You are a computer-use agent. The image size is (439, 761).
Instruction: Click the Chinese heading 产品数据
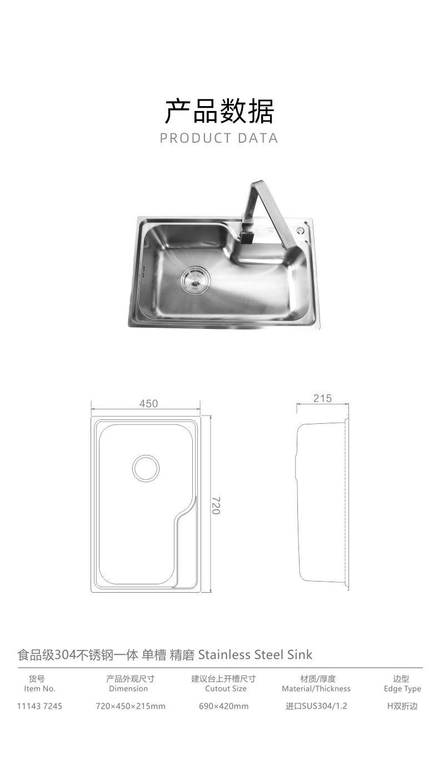click(219, 111)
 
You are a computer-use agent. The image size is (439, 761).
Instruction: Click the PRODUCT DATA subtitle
click(219, 138)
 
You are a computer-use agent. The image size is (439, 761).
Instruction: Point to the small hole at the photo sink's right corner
click(301, 229)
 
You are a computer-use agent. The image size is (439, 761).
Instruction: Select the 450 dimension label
click(148, 404)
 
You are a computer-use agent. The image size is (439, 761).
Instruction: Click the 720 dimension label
click(216, 505)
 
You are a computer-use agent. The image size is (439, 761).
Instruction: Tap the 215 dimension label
click(322, 398)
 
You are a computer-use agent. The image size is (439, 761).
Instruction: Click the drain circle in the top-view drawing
click(146, 468)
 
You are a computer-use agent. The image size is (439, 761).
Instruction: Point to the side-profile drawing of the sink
click(322, 503)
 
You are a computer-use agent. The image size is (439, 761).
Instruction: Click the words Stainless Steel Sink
click(255, 654)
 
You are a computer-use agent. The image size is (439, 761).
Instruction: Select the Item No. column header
click(40, 689)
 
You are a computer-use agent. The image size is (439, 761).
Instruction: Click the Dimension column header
click(128, 689)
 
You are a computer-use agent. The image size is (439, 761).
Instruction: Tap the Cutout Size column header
click(226, 689)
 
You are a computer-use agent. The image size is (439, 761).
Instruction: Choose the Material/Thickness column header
click(316, 689)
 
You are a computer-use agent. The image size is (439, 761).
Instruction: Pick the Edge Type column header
click(402, 689)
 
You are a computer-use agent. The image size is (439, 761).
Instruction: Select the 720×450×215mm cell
click(131, 707)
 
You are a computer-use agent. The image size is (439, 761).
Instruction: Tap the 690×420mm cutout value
click(224, 707)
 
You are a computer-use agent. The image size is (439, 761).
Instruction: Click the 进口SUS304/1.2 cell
click(316, 707)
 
